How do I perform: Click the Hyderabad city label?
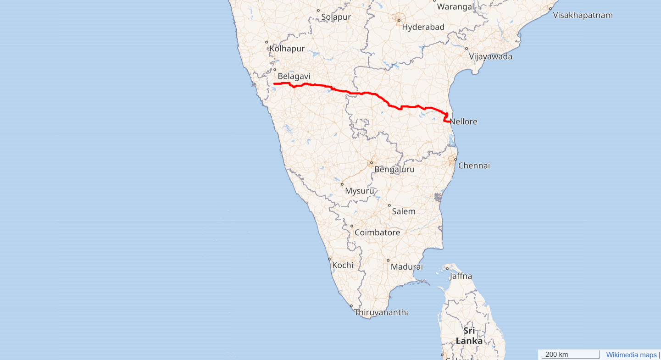pos(423,27)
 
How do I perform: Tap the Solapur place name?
pos(336,17)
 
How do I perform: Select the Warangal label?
pos(455,6)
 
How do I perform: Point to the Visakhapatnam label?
pos(583,15)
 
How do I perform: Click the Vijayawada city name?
pos(490,57)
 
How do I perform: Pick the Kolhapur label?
pos(287,49)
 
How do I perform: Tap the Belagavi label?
pos(294,76)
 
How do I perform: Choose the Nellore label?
pos(463,122)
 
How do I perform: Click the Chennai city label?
pos(474,166)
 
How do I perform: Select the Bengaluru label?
pos(394,169)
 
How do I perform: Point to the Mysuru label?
pos(359,191)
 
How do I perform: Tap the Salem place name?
pos(404,211)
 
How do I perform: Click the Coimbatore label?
pos(377,233)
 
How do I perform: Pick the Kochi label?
pos(343,265)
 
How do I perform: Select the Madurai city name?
pos(406,266)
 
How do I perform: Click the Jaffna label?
pos(461,276)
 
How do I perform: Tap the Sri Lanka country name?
pos(469,336)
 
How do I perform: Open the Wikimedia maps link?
pos(631,355)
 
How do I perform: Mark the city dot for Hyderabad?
pos(399,20)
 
